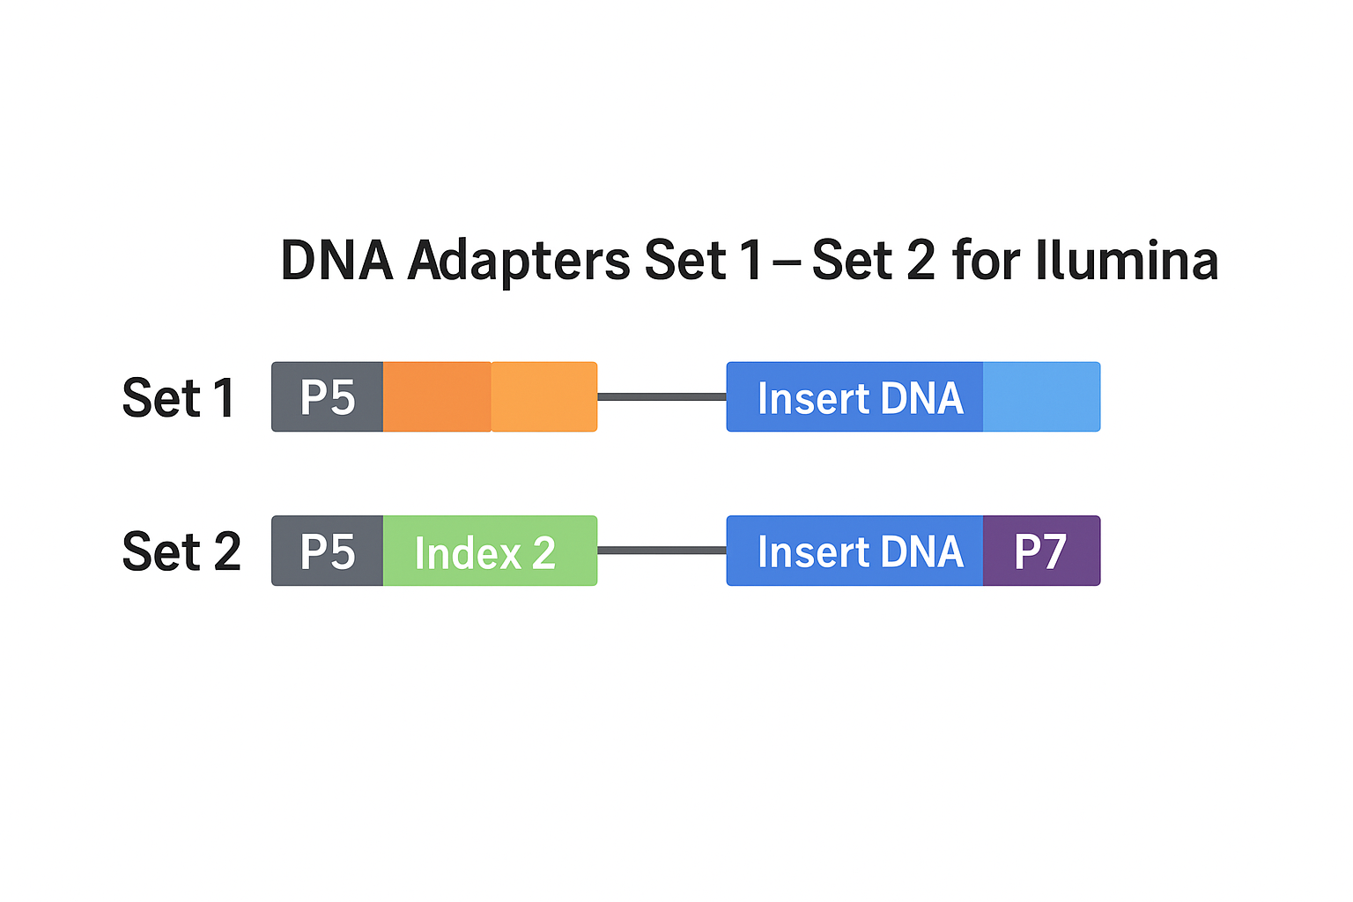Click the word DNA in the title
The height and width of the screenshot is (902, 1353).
tap(337, 261)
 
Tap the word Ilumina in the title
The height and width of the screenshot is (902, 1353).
tap(1127, 261)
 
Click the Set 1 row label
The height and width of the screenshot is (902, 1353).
tap(179, 397)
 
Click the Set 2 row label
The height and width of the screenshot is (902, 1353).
tap(181, 551)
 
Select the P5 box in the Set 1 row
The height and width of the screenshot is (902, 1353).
tap(328, 397)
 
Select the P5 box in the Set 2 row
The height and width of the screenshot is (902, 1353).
tap(328, 551)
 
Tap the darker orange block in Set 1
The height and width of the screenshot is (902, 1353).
tap(437, 397)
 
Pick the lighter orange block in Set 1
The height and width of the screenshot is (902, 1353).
tap(544, 397)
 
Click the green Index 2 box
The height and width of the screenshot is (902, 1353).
tap(490, 551)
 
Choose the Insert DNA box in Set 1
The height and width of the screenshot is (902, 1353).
tap(854, 397)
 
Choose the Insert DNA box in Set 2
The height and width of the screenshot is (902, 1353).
tap(854, 551)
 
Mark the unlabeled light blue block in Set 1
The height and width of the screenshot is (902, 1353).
tap(1042, 397)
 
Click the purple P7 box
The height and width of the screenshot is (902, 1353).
tap(1042, 551)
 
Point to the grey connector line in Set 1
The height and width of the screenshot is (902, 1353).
tap(662, 397)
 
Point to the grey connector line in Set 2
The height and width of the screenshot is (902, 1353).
tap(662, 551)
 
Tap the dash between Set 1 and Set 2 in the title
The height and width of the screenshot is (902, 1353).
tap(787, 263)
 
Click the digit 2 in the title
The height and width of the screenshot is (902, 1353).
tap(920, 261)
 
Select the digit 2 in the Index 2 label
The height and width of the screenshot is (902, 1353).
tap(543, 553)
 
